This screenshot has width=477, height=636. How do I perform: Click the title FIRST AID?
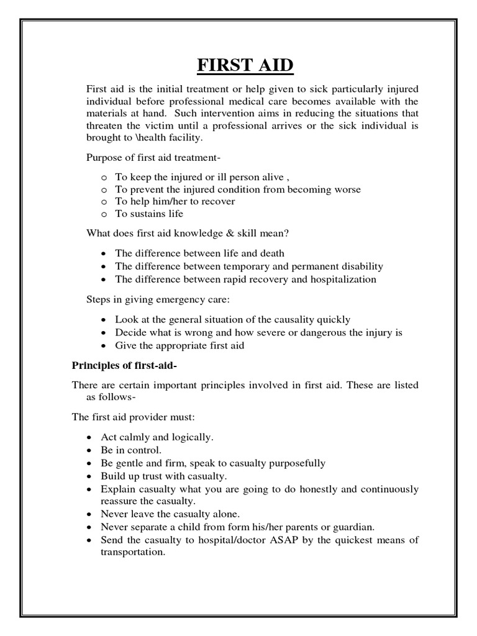point(238,65)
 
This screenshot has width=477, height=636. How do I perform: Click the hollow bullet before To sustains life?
point(103,214)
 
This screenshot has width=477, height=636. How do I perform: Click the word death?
point(270,253)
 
